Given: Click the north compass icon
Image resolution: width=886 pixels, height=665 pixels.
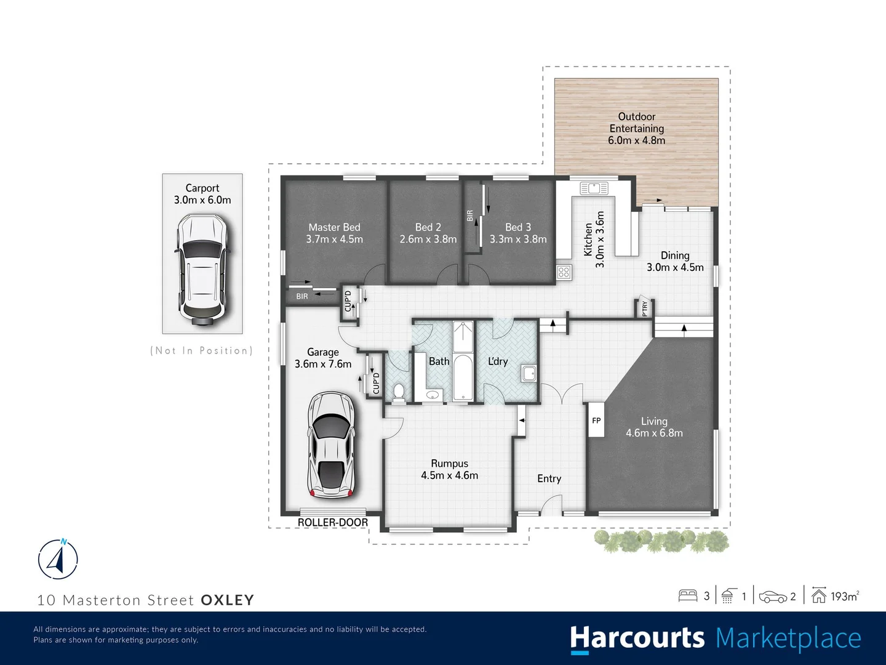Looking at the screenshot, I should point(58,559).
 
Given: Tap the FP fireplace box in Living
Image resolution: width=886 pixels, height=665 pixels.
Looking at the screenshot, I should point(596,421).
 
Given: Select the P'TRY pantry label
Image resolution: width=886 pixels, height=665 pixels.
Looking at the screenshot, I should point(644,308).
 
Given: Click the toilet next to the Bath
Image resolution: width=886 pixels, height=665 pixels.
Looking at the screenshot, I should point(399,393).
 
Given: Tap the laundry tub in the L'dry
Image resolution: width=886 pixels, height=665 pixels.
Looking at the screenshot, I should point(528,373).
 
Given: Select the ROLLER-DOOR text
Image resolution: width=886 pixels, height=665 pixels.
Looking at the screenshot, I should point(333,522).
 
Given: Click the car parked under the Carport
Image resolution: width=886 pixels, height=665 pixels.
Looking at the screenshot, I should point(202,270).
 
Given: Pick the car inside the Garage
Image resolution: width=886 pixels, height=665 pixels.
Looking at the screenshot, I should point(331,445).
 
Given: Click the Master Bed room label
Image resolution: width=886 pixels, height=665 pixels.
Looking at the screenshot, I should point(334,227).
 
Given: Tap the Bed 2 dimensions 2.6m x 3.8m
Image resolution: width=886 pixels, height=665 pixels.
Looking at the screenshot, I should point(428,239).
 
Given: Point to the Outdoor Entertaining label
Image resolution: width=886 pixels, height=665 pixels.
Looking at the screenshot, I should point(636,123).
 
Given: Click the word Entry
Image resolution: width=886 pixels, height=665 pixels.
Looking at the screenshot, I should point(549,478).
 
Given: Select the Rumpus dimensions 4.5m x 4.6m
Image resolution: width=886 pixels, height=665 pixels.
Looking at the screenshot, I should point(449,475).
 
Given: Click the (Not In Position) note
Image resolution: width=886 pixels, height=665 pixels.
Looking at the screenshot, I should point(202,350).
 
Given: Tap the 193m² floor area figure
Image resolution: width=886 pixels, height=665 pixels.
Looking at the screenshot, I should point(844,596).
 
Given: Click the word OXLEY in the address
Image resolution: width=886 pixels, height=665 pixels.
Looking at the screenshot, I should point(227,600).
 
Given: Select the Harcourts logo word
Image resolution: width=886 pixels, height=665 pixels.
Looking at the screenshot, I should point(637,638).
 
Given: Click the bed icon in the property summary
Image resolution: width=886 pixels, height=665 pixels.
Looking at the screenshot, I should point(687,595).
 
